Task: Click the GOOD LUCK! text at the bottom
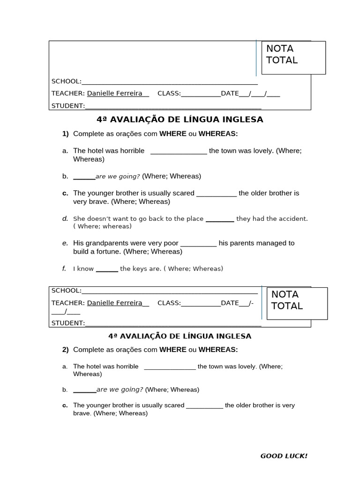pos(284,456)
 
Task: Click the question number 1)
pos(66,134)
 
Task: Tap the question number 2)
pos(66,349)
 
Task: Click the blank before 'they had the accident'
pos(220,218)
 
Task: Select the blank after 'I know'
pos(107,269)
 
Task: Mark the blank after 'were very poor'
pos(198,243)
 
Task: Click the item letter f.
pos(64,269)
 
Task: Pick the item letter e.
pos(65,243)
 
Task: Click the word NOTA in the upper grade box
pos(279,48)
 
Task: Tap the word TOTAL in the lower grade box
pos(287,306)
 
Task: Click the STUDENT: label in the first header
pos(68,105)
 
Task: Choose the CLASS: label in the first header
pos(169,93)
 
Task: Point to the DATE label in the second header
pos(230,303)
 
